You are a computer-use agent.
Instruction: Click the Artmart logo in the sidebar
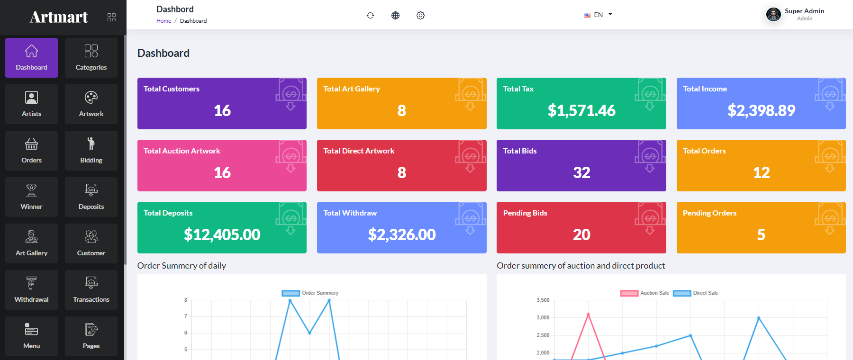tap(59, 17)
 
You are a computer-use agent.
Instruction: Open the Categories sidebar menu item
tap(91, 58)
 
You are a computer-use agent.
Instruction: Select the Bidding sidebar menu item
tap(91, 151)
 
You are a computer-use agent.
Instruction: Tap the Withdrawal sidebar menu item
tap(31, 290)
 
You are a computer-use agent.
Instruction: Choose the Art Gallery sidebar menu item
tap(31, 243)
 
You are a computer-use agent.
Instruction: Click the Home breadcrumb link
tap(163, 21)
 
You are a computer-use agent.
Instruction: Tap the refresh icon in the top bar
tap(371, 15)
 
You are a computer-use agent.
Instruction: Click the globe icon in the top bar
tap(395, 15)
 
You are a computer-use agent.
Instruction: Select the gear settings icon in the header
tap(420, 15)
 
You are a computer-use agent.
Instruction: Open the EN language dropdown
tap(598, 15)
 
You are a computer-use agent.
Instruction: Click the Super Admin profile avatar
tap(773, 15)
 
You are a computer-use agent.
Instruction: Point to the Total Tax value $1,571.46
tap(581, 110)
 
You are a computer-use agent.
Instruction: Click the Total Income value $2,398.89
tap(761, 110)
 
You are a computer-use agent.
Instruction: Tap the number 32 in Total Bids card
tap(581, 172)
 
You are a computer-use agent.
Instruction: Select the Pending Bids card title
tap(525, 213)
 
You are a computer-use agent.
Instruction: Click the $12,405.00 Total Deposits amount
tap(222, 234)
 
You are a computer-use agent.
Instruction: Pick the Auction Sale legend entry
tap(645, 293)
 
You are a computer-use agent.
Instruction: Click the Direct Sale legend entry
tap(696, 293)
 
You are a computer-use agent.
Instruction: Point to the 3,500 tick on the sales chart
tap(543, 300)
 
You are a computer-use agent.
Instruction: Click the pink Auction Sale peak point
tap(588, 315)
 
